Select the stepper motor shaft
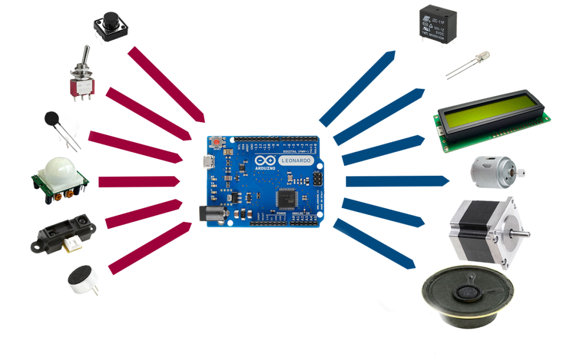[x=522, y=231]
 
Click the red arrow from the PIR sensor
[x=139, y=181]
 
